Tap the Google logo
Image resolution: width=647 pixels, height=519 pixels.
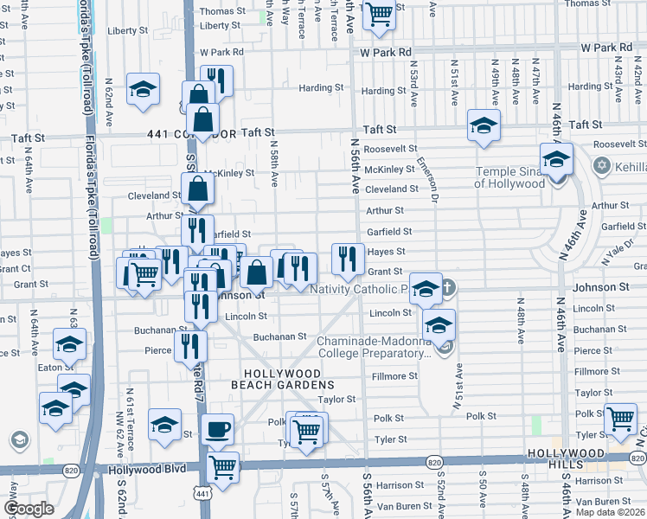point(29,509)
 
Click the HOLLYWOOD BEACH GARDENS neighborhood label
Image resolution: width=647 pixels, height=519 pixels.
point(282,378)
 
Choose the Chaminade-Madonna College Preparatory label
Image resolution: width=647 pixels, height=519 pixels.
point(374,347)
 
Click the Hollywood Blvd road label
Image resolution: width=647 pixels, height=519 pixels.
point(148,470)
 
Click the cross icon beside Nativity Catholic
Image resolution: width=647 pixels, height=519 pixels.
point(447,286)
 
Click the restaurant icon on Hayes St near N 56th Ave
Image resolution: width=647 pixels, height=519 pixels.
point(348,258)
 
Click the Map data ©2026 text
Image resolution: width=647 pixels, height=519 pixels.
point(610,512)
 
